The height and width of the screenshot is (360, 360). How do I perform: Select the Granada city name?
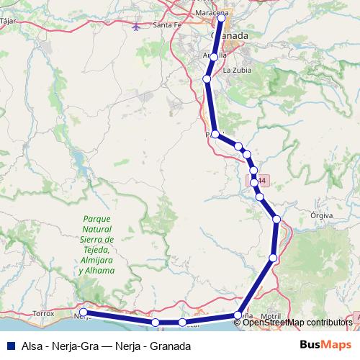click(x=230, y=35)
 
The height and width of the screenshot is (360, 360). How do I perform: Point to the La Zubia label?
click(x=236, y=71)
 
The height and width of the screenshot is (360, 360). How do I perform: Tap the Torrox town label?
click(x=44, y=314)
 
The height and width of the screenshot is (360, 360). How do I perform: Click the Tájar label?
click(x=9, y=21)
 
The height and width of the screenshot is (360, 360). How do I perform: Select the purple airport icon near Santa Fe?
click(x=138, y=27)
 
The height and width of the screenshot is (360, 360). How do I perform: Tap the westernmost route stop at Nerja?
click(x=83, y=312)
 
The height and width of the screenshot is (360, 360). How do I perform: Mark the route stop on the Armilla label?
click(x=213, y=55)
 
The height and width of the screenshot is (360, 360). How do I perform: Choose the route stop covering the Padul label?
click(x=215, y=134)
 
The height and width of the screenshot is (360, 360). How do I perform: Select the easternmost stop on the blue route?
click(x=276, y=219)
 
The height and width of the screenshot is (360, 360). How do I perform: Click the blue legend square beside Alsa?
click(x=9, y=346)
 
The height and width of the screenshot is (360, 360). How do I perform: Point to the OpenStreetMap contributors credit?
click(x=297, y=323)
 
